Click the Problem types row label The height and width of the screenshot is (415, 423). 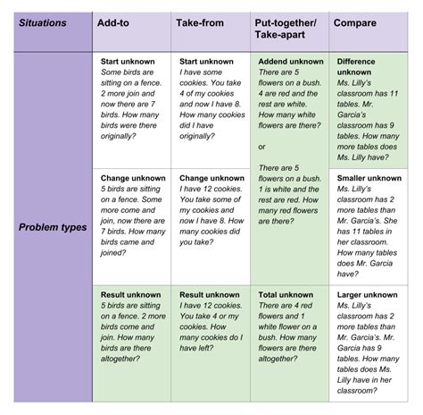(53, 227)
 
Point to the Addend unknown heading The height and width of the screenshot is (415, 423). (291, 62)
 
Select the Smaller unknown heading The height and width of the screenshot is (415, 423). (369, 178)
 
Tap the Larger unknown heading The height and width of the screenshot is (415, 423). (368, 294)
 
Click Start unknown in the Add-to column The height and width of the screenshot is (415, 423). (128, 62)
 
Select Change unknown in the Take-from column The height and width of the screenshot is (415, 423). (211, 178)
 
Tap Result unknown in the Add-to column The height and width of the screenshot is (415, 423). (131, 294)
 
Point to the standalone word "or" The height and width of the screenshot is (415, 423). (261, 147)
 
